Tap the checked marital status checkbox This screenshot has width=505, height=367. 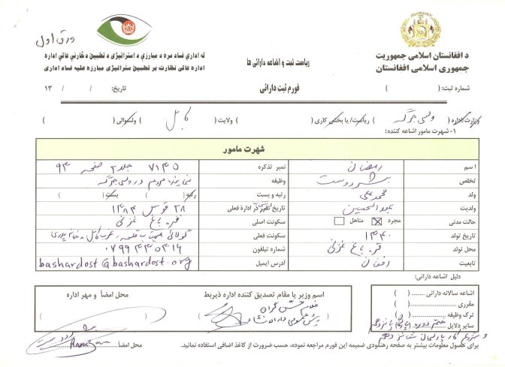[389, 221]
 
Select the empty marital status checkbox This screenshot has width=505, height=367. [339, 221]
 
